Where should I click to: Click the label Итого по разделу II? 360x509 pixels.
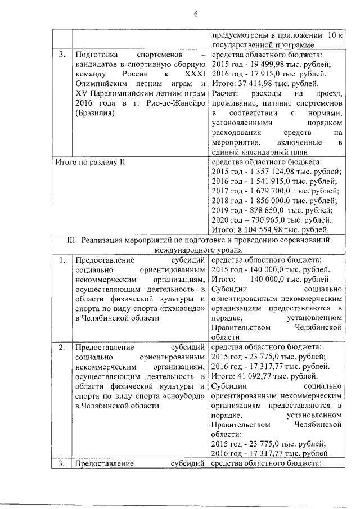tap(89, 162)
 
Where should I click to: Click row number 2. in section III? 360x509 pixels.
tap(62, 347)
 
